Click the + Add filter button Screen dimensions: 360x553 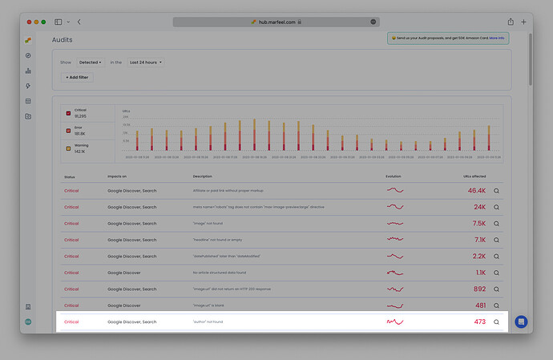point(78,77)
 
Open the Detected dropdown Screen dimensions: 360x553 point(89,62)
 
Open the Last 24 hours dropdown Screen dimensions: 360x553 point(146,62)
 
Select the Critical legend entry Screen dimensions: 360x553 point(80,113)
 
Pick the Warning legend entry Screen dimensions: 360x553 point(80,148)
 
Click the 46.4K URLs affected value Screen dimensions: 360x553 point(476,191)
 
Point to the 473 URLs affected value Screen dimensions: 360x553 point(479,322)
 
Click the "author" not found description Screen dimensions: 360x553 point(208,322)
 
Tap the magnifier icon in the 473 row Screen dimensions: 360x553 point(496,322)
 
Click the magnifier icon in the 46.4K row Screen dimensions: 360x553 point(496,191)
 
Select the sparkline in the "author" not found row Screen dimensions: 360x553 point(395,322)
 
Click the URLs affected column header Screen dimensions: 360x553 point(474,176)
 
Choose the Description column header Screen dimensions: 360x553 point(202,176)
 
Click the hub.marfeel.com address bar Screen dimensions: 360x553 point(276,22)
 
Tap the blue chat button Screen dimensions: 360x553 point(520,322)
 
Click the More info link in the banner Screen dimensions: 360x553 point(497,38)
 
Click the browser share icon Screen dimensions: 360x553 point(511,22)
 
